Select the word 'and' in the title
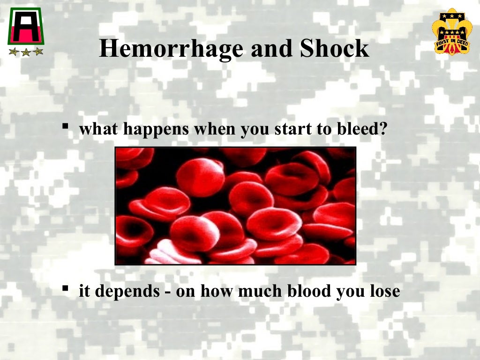[x=269, y=49]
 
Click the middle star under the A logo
[x=25, y=52]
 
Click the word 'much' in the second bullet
[x=259, y=291]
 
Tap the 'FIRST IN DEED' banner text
[x=450, y=41]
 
